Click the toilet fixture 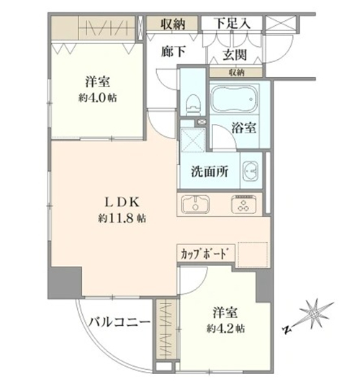click(x=193, y=105)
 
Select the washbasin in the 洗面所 click(x=251, y=170)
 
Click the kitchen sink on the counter click(x=195, y=205)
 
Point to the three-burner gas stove click(x=244, y=205)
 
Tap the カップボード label click(x=205, y=254)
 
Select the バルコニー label click(x=119, y=323)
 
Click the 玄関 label click(x=235, y=55)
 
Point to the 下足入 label click(x=232, y=24)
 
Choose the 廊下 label click(x=174, y=51)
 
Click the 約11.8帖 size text click(x=122, y=218)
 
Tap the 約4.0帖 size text click(x=98, y=98)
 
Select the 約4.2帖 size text click(x=226, y=329)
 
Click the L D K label click(x=122, y=203)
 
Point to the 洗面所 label click(x=210, y=172)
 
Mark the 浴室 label click(x=243, y=128)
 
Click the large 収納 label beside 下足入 click(x=173, y=24)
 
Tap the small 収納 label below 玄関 click(x=237, y=73)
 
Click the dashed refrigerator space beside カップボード click(x=253, y=254)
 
